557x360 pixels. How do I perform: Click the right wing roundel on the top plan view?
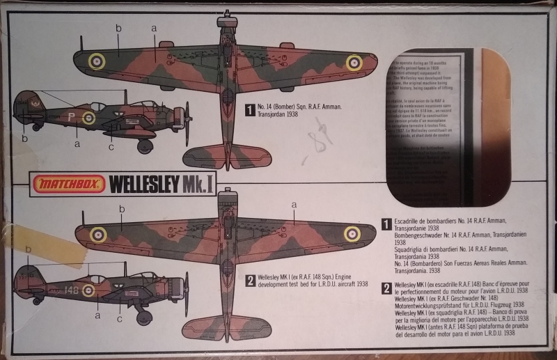tap(354, 63)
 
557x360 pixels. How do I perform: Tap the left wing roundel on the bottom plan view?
tap(97, 234)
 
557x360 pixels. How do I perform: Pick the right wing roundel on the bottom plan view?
tap(352, 235)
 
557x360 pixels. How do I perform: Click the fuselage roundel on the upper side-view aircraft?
tap(88, 118)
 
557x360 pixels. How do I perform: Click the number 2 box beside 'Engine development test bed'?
tap(250, 281)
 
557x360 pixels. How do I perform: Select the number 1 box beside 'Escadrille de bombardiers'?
tap(386, 224)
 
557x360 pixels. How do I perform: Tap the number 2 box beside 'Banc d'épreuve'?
tap(386, 288)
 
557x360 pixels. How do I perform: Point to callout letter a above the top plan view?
tap(154, 29)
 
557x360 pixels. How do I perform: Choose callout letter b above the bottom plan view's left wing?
tap(123, 208)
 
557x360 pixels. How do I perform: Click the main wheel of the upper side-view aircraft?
tap(146, 147)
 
